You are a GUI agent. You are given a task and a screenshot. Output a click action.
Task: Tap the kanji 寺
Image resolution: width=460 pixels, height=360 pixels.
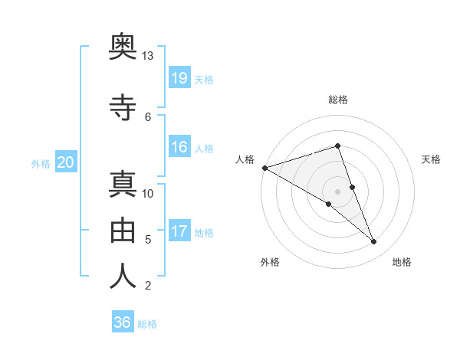(123, 108)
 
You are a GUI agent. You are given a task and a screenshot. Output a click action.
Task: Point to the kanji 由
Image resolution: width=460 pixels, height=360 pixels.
(123, 229)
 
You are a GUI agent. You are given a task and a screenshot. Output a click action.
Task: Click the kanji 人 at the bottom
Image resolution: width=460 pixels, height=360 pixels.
(123, 276)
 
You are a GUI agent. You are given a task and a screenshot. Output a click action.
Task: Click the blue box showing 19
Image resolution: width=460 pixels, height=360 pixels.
(179, 77)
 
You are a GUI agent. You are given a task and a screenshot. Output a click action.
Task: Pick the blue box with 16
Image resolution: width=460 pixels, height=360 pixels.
(179, 147)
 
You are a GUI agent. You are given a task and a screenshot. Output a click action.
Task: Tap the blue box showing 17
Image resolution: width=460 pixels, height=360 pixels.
(179, 231)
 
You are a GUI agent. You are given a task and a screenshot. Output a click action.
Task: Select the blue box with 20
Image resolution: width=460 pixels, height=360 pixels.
(66, 162)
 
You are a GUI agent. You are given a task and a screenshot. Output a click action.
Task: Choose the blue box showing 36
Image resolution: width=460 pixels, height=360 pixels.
(123, 322)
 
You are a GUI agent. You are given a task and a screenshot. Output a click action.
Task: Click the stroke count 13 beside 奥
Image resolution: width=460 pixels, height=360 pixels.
(147, 56)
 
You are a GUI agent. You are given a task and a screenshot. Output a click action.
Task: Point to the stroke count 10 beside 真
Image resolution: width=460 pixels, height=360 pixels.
(148, 193)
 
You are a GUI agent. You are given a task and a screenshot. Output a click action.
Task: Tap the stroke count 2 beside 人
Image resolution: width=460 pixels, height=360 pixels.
(147, 286)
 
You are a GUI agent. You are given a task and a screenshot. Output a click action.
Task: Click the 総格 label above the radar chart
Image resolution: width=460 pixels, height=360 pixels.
(338, 100)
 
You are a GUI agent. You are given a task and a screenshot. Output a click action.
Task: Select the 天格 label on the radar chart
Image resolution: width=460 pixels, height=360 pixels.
(432, 159)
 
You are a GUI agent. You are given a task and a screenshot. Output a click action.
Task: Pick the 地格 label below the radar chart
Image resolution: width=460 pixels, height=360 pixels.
(402, 262)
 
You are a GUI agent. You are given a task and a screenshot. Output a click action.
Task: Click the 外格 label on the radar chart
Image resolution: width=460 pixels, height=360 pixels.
(270, 262)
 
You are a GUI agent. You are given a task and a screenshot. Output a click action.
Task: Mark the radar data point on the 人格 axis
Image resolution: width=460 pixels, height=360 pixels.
(264, 167)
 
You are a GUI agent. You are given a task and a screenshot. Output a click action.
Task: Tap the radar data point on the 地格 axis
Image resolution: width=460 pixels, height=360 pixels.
(374, 242)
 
